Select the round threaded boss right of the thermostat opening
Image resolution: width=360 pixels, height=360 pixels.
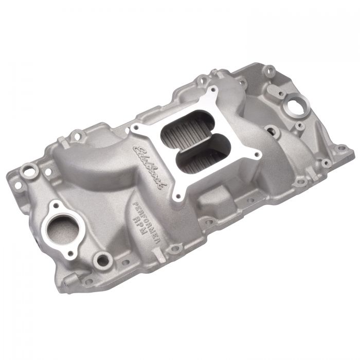pos(103,260)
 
